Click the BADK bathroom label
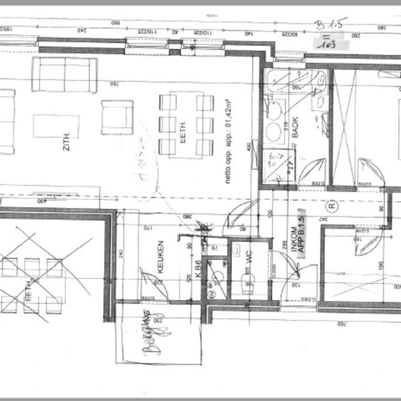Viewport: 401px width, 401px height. (x=295, y=133)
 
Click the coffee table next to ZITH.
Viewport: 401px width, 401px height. (x=56, y=126)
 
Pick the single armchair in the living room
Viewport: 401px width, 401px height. (x=117, y=117)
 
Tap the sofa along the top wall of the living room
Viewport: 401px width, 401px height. (x=65, y=74)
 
